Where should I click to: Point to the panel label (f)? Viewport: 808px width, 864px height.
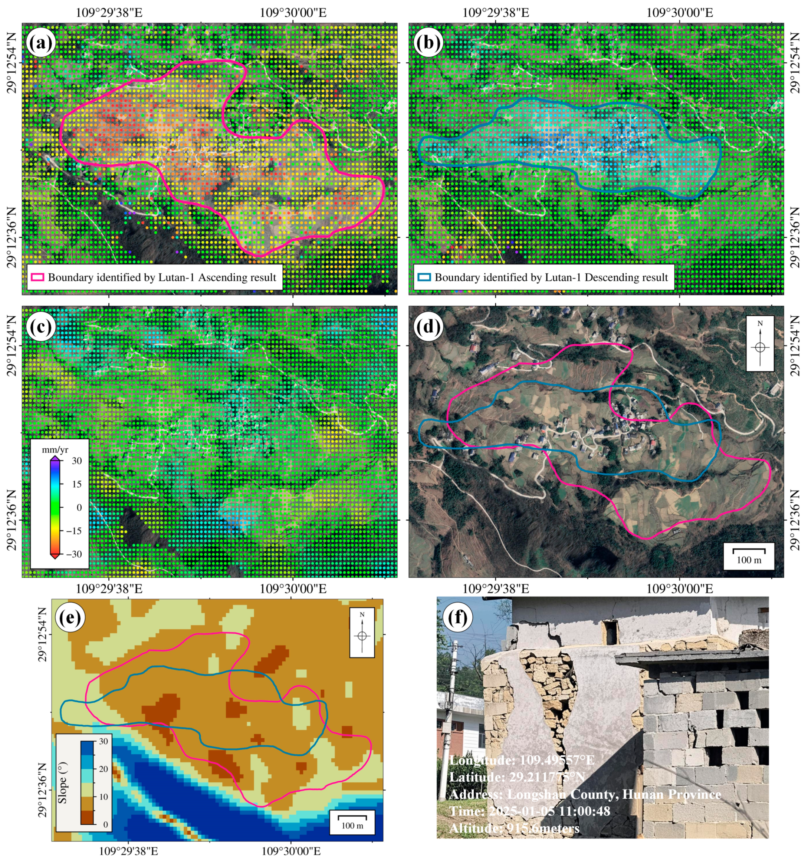457,617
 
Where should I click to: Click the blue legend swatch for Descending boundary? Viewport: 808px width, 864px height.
424,278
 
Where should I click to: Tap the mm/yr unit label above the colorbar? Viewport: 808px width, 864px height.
55,450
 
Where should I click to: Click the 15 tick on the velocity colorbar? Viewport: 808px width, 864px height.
76,484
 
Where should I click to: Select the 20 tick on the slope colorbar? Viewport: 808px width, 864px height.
103,769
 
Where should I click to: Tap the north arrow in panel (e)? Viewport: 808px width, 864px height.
362,633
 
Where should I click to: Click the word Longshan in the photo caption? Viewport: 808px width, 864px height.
531,794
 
